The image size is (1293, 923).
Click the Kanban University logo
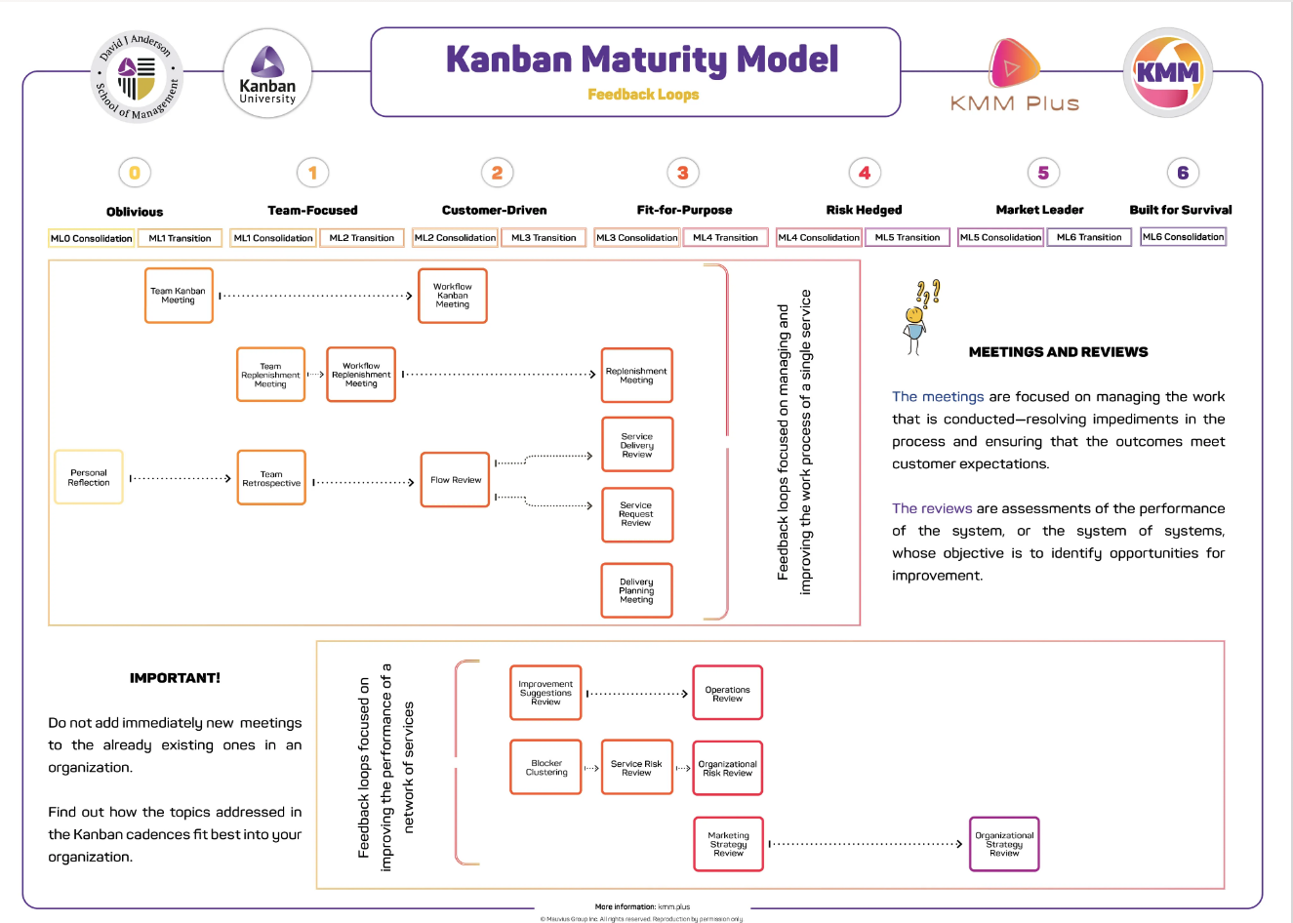(267, 74)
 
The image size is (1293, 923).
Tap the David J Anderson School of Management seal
(138, 77)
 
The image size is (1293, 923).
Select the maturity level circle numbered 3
(683, 173)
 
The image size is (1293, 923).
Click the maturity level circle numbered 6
(1183, 173)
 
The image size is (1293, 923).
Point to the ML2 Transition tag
(361, 238)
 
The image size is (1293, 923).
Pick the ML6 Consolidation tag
(1183, 237)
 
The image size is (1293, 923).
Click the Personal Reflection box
(89, 477)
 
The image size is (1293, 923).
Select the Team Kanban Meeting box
(179, 296)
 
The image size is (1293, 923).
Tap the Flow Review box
(455, 480)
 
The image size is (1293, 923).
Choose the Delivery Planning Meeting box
(637, 590)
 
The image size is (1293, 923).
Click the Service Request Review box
(637, 514)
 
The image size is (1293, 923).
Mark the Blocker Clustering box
(546, 768)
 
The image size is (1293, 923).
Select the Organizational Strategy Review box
(1004, 844)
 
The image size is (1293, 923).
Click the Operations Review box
(727, 693)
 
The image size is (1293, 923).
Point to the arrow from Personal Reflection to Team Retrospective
(181, 478)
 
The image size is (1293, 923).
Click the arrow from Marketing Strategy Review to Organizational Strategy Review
(866, 844)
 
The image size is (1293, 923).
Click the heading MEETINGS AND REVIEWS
(1058, 352)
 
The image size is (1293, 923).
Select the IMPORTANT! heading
(175, 678)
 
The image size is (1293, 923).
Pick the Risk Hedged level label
(864, 210)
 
